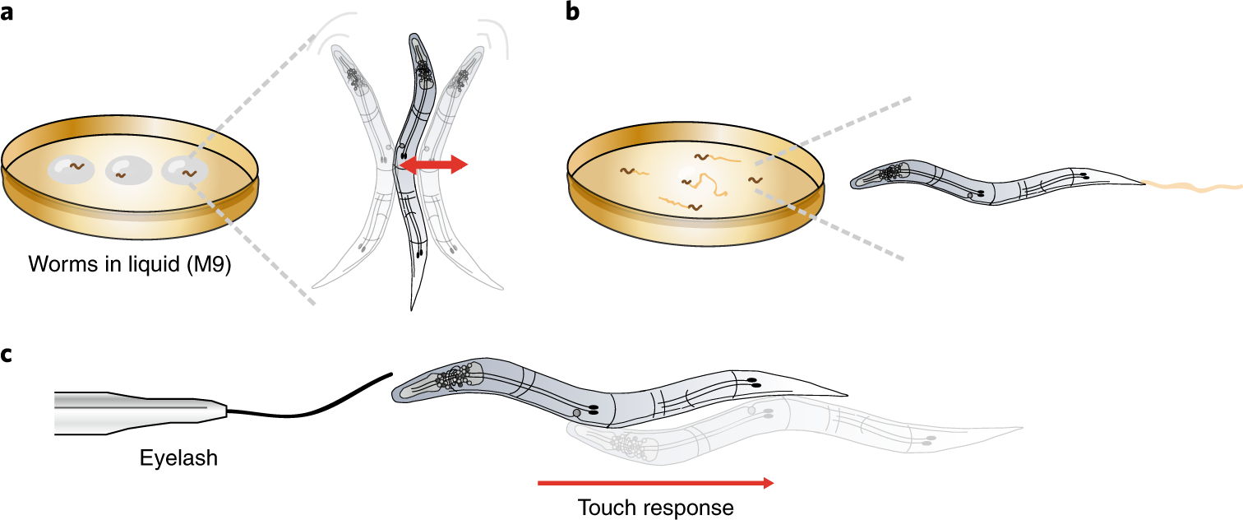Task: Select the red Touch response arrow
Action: coord(655,483)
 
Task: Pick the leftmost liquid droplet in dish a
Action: coord(75,169)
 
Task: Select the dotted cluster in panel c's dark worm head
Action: coord(454,378)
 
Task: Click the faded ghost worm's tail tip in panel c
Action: coord(1022,427)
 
